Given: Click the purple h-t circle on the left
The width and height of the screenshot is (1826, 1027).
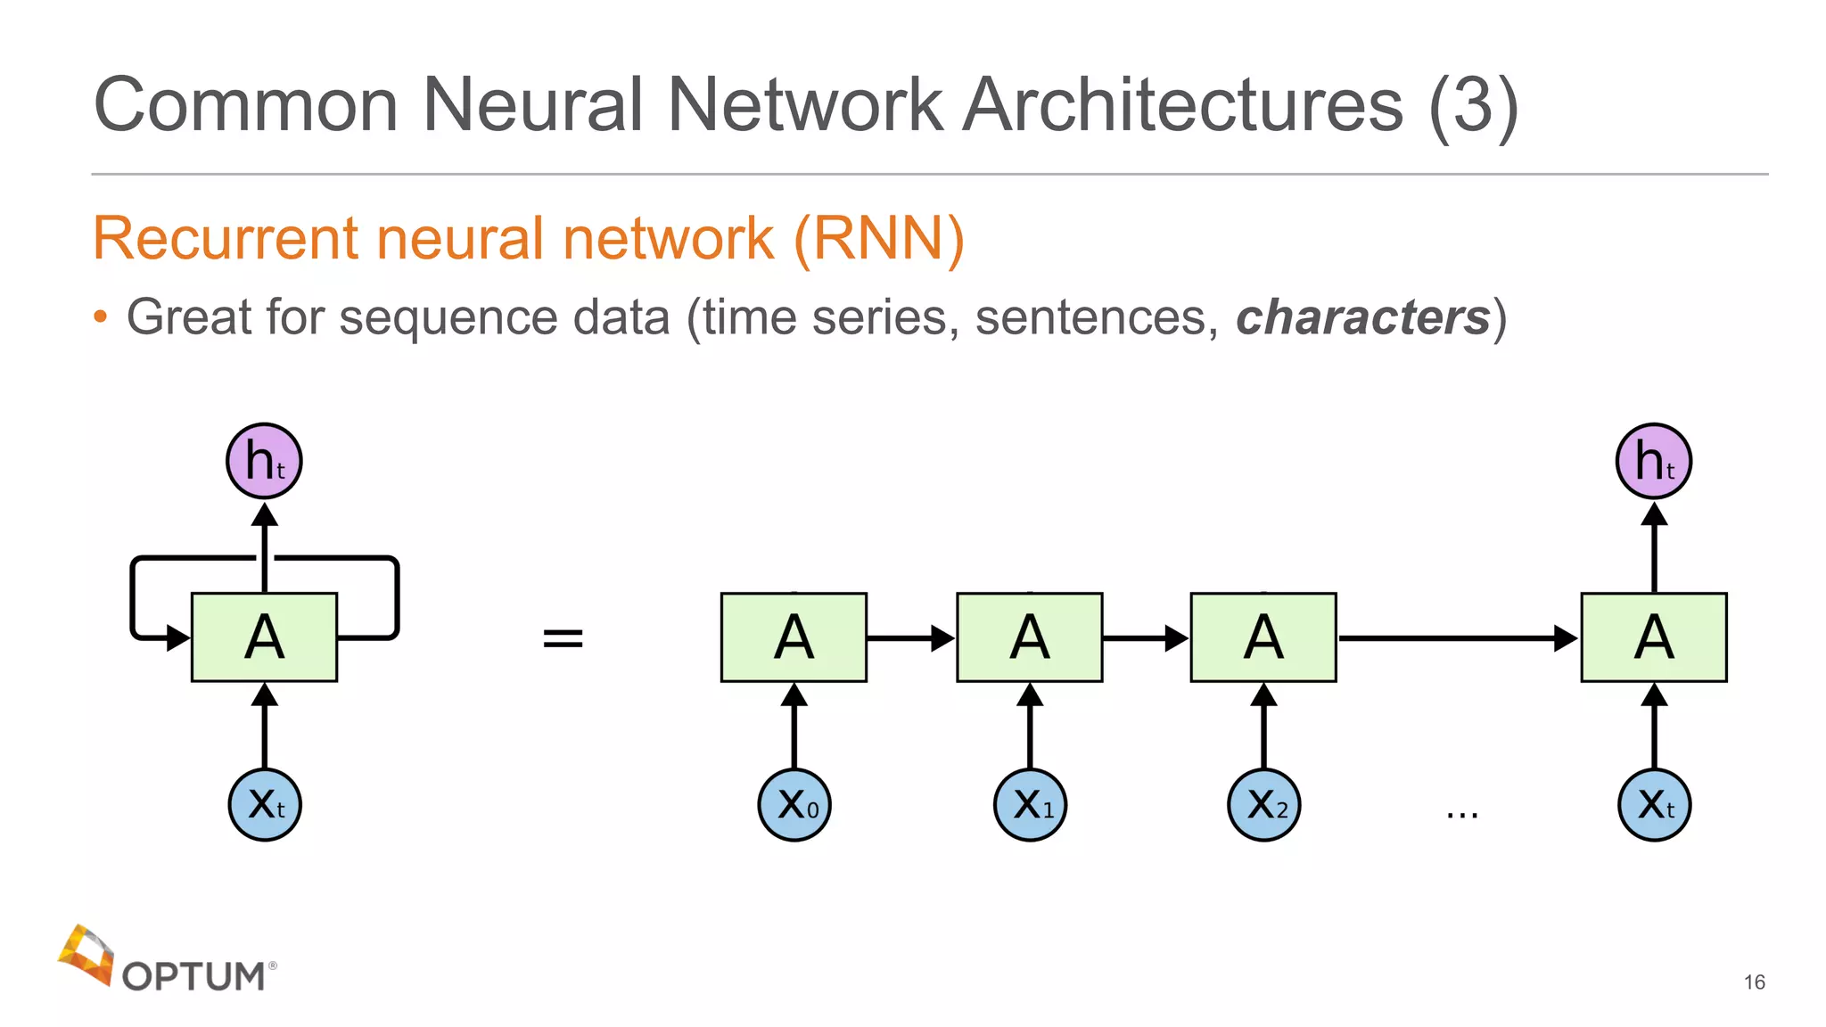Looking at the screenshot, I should point(264,461).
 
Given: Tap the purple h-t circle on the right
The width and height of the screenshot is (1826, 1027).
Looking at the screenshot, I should point(1654,461).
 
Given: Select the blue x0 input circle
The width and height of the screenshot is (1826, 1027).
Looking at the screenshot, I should point(794,805).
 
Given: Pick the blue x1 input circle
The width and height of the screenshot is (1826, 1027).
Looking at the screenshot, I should point(1030,805).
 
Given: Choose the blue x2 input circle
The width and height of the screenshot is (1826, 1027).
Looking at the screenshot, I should point(1264,805).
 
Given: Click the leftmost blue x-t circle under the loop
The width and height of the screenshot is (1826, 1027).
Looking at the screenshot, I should point(265,805).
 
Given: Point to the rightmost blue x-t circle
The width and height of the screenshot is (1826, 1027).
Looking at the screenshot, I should point(1654,805).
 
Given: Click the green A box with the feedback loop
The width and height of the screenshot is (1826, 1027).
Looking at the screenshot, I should point(264,637).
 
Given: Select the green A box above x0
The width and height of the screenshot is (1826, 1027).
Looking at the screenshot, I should point(794,637).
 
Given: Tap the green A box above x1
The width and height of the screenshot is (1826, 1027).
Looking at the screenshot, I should point(1030,637).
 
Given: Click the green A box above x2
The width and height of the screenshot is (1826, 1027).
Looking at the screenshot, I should point(1263,637).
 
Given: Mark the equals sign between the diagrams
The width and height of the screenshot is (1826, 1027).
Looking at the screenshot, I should point(563,638).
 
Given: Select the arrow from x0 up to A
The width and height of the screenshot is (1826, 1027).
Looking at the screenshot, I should point(794,727).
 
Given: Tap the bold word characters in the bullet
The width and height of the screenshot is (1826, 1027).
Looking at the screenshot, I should point(1362,317).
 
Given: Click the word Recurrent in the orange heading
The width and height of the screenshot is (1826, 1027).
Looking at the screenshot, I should point(225,239).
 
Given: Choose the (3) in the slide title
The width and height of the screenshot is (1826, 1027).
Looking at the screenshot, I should point(1473,105).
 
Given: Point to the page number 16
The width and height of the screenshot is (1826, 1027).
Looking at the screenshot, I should point(1754,982).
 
